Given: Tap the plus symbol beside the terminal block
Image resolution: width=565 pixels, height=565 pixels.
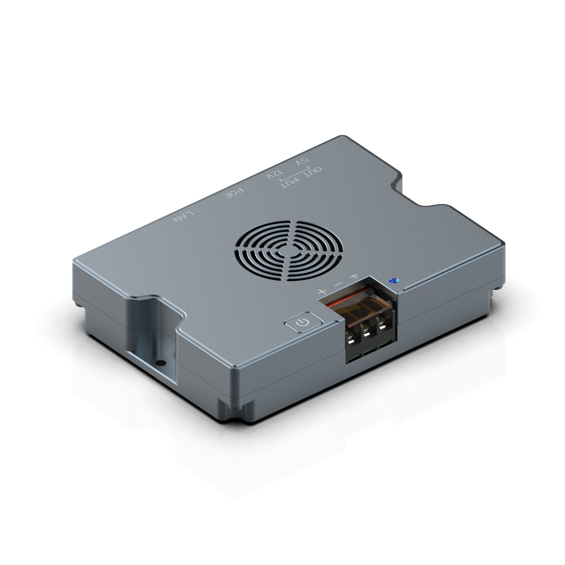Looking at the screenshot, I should [x=322, y=292].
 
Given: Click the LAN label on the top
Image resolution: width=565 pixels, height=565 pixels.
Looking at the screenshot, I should [x=183, y=216].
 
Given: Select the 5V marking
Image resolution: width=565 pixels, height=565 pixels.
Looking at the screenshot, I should [x=302, y=161].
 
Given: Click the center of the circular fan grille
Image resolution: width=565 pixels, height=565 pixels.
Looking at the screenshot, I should [x=289, y=251].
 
